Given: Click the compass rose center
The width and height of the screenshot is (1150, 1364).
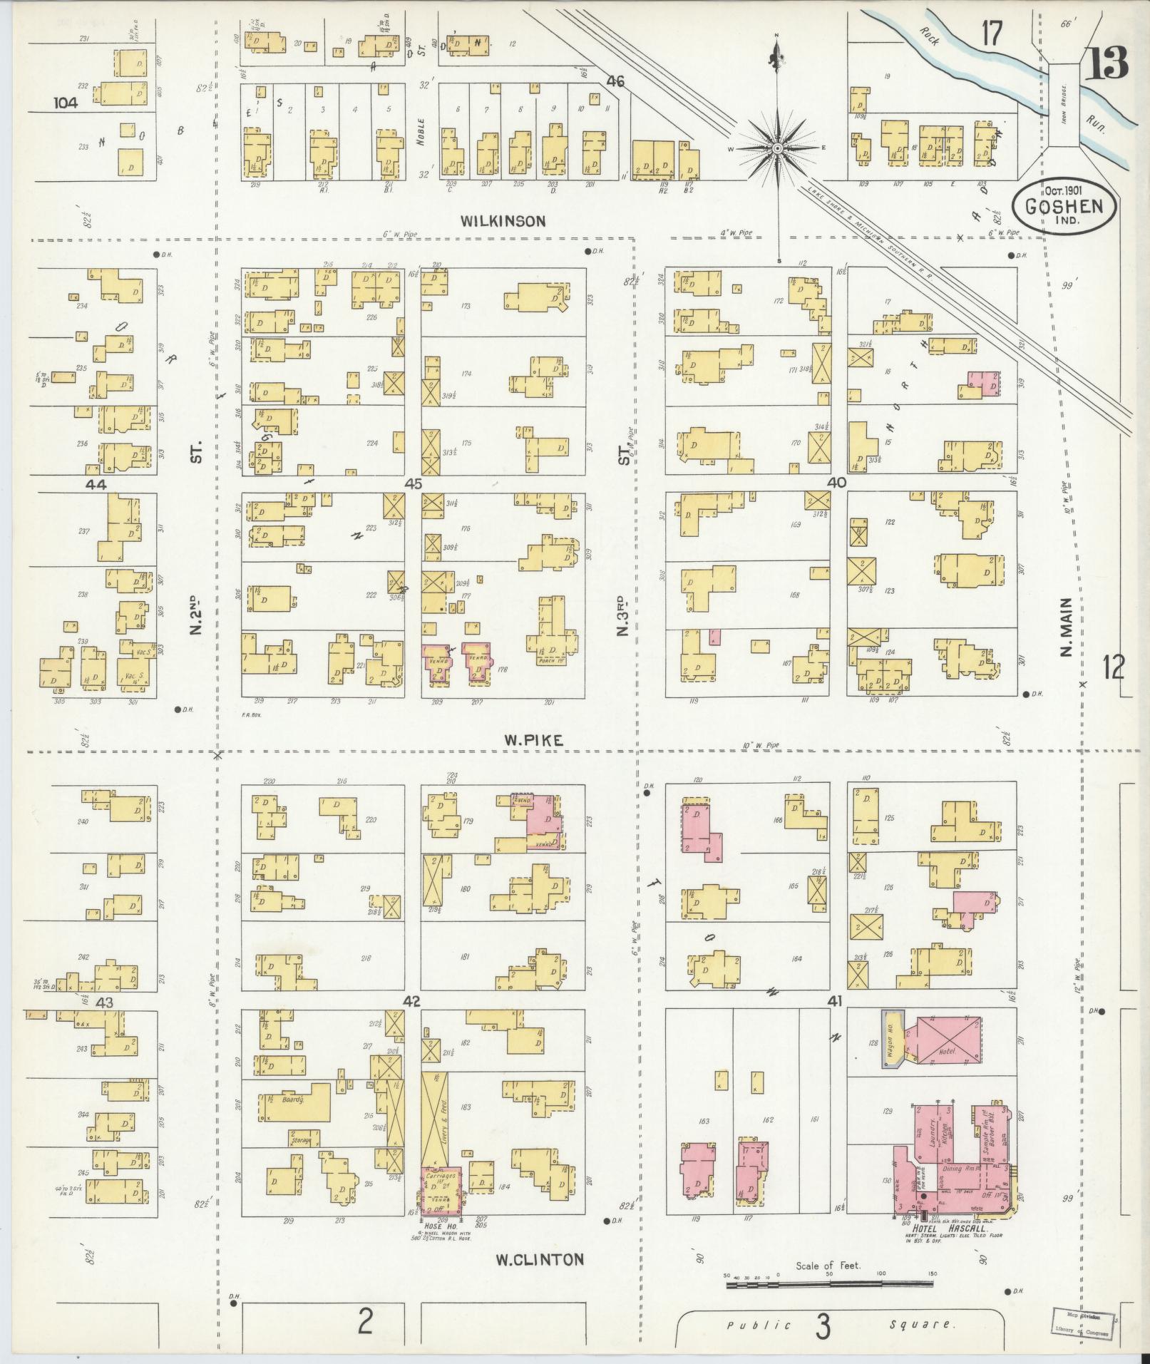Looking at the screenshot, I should [x=778, y=148].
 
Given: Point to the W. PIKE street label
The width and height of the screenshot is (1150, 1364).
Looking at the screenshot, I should [x=533, y=741].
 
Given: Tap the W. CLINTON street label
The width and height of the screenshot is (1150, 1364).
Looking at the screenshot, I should [x=540, y=1259].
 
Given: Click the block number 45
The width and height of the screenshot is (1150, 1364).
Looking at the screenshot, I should [x=413, y=483].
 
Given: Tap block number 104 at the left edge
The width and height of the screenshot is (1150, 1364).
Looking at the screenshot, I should [x=66, y=103].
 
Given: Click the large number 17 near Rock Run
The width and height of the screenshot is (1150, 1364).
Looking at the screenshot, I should [x=990, y=33].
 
